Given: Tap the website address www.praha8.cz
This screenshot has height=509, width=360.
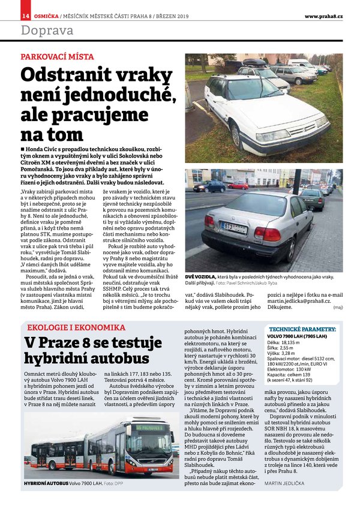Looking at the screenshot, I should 323,16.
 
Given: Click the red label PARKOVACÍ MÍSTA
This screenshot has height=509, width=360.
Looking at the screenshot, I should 57,57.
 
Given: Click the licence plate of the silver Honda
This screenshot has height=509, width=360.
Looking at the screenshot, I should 233,227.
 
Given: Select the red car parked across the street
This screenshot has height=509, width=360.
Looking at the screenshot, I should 238,185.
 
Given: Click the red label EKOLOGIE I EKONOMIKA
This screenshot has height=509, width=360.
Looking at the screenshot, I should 76,327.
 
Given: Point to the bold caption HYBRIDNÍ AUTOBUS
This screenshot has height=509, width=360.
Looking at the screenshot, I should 46,482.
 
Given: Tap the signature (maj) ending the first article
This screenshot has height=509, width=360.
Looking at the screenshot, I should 338,306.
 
